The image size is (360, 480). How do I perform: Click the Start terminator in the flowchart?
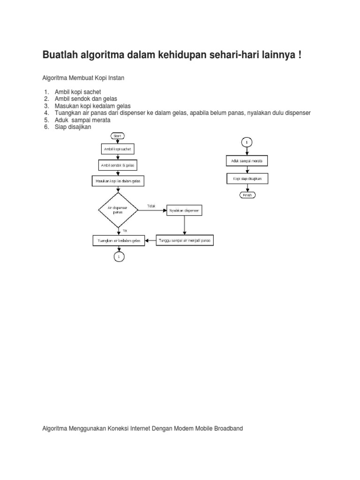pos(118,135)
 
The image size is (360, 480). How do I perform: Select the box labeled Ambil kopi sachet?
pos(118,149)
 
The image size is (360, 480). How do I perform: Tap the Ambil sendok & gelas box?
pos(118,165)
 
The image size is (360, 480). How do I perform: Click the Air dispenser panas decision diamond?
pos(118,210)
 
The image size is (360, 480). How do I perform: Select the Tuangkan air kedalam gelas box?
pos(119,240)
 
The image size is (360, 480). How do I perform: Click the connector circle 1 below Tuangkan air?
pos(119,256)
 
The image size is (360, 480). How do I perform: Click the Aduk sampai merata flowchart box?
pos(247,161)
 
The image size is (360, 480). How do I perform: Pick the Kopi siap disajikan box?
pos(247,179)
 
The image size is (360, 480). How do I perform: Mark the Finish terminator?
pos(247,195)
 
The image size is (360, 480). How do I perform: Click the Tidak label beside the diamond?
pos(151,206)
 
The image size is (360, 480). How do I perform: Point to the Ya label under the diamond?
pos(124,230)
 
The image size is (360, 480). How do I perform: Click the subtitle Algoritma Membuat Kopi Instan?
pos(83,77)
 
